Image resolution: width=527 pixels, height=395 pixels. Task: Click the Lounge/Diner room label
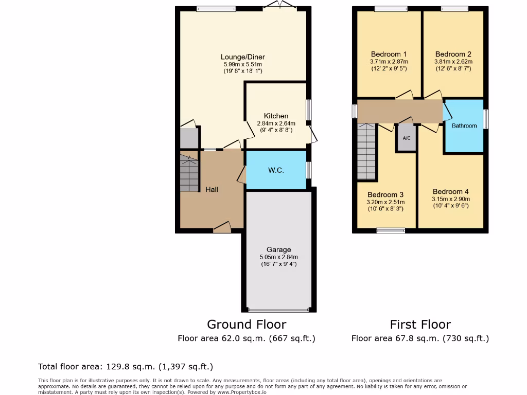click(242, 57)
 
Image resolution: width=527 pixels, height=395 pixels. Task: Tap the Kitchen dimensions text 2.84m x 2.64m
click(276, 123)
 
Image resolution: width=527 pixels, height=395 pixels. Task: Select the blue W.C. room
click(276, 170)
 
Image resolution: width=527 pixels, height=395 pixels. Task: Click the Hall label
click(212, 189)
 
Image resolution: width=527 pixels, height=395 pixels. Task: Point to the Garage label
click(278, 249)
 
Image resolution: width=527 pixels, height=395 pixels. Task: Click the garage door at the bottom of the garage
click(278, 310)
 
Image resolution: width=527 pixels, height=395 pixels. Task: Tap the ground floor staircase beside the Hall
click(189, 173)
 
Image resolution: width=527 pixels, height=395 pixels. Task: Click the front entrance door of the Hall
click(222, 228)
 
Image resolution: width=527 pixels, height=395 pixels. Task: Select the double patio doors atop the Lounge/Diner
click(279, 6)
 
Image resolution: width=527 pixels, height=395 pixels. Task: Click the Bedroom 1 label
click(389, 54)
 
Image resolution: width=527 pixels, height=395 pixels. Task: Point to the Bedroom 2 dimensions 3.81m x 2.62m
click(453, 61)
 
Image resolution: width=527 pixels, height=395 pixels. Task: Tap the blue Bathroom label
click(464, 125)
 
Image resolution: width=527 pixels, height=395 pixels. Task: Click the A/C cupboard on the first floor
click(407, 138)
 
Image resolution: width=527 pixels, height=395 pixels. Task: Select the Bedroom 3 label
click(385, 194)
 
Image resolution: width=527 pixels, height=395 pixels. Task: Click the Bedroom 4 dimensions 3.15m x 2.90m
click(451, 199)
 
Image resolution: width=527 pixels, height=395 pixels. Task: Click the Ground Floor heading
click(246, 324)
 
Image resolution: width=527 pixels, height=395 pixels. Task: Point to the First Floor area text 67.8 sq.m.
click(420, 338)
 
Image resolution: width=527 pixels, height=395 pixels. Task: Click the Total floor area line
click(125, 367)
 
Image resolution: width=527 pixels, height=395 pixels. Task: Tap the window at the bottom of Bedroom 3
click(391, 231)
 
